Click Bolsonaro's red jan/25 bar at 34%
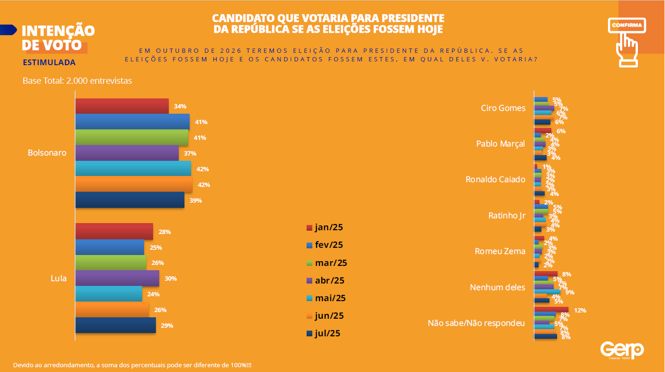pos(122,106)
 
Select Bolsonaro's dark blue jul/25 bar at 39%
pos(129,200)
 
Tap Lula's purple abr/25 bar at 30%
pos(117,278)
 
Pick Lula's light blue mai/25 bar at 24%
pos(108,294)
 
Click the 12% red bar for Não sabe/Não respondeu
pos(551,310)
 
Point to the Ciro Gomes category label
pos(503,108)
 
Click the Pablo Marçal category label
pos(501,144)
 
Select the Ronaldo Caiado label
pos(495,179)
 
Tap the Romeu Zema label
pos(500,251)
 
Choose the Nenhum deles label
pos(497,287)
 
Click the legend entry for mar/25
pos(327,263)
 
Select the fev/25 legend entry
pos(325,245)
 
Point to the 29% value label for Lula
pos(167,326)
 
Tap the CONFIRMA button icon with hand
pos(626,41)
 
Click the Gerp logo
pos(622,350)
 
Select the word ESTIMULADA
pos(49,62)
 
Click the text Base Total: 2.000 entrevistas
pos(77,81)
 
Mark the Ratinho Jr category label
pos(507,215)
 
